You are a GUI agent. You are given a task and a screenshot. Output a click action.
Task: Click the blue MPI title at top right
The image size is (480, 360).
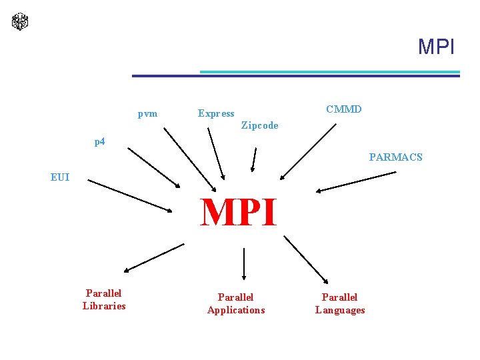(x=436, y=47)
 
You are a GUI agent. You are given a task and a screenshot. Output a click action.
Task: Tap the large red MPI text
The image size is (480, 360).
(x=239, y=213)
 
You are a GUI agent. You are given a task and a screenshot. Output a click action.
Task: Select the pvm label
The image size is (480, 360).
(x=147, y=113)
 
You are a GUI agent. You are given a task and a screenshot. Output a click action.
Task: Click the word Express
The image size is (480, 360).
(x=216, y=113)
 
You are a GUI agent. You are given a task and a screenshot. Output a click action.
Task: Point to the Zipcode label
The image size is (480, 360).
(x=259, y=125)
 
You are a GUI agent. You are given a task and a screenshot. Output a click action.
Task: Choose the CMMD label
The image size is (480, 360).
(x=344, y=109)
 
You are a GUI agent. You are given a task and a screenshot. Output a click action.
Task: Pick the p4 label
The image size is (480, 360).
(x=99, y=141)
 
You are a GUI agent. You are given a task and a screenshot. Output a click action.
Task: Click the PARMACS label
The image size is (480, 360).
(x=396, y=158)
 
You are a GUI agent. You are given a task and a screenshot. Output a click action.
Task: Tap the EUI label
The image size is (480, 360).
(x=60, y=177)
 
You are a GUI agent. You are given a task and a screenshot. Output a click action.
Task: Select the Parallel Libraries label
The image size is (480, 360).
(x=104, y=299)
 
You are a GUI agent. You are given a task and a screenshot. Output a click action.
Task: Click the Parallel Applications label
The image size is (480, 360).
(x=236, y=303)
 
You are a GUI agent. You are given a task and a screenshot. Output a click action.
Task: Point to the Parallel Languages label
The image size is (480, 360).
(x=340, y=303)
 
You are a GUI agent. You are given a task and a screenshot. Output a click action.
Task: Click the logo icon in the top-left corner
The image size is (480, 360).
(x=20, y=21)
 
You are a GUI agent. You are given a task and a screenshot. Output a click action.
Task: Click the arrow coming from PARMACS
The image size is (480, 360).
(x=356, y=182)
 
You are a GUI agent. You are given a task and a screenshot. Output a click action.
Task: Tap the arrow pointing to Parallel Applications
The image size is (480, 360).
(x=245, y=263)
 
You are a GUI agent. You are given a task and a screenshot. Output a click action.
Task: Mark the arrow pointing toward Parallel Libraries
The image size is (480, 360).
(x=154, y=257)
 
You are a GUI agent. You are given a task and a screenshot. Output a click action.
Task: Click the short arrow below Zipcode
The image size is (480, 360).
(x=253, y=159)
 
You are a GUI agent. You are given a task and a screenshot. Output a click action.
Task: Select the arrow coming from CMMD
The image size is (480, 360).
(x=309, y=151)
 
